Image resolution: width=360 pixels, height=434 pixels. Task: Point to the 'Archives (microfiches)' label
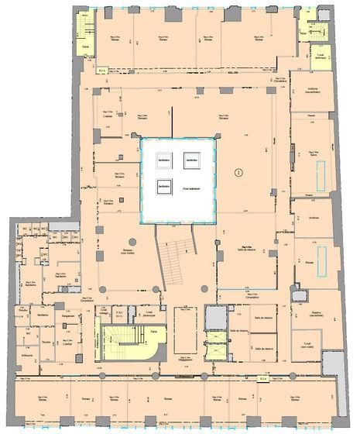pos(314,90)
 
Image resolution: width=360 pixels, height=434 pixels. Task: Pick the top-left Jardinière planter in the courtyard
pos(163,160)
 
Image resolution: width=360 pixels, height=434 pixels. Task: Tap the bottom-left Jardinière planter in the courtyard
pos(163,185)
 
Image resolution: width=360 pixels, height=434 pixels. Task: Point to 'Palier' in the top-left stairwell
pos(84,46)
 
